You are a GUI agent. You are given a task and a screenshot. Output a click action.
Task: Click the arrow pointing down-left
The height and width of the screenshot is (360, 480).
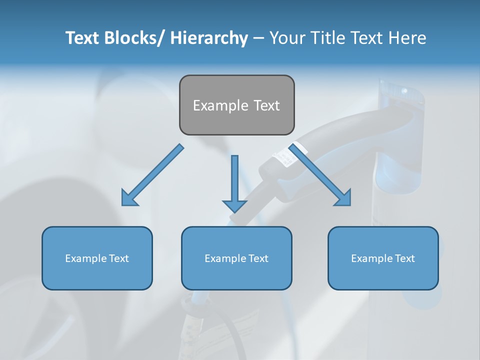(x=153, y=175)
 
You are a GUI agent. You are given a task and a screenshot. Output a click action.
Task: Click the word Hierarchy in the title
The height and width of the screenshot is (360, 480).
(x=209, y=38)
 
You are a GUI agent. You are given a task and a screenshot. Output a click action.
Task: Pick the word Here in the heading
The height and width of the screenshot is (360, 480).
(x=406, y=38)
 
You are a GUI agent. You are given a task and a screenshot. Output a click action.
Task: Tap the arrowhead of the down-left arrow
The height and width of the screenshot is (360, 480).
(x=129, y=198)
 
